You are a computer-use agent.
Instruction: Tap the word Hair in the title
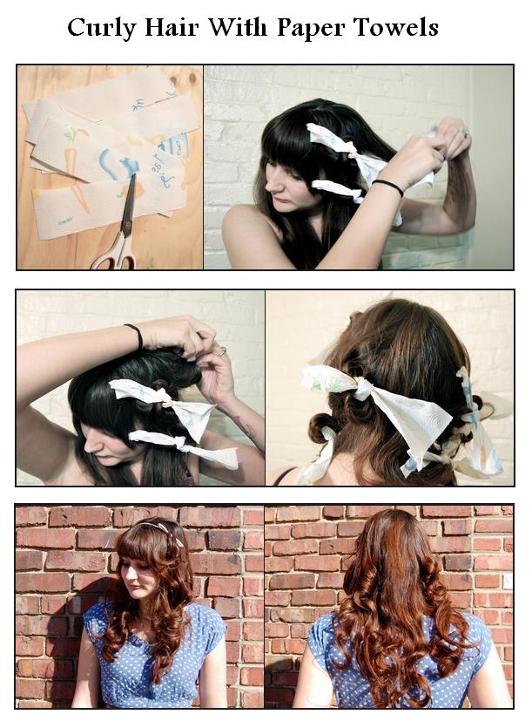pyautogui.click(x=172, y=28)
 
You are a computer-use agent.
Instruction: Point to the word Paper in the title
pyautogui.click(x=308, y=29)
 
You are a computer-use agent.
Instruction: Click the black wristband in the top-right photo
pyautogui.click(x=388, y=186)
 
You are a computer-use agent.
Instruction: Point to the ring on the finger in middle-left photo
pyautogui.click(x=223, y=350)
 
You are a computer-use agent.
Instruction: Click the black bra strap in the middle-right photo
pyautogui.click(x=283, y=476)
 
